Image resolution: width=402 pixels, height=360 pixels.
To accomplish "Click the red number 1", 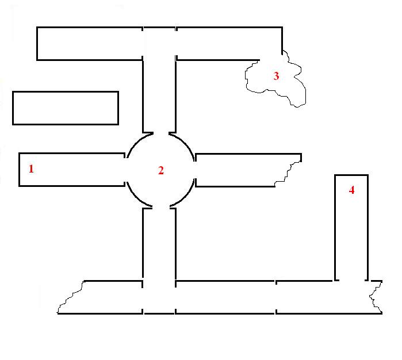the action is click(31, 169).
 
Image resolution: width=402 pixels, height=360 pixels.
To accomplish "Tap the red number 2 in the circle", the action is click(161, 170).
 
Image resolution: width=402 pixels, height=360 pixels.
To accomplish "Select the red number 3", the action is click(276, 76).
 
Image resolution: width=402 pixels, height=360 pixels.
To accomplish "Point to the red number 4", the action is click(352, 190).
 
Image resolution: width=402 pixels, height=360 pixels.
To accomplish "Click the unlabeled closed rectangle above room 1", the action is click(65, 108).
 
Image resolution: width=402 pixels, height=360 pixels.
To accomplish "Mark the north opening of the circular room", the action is click(161, 133).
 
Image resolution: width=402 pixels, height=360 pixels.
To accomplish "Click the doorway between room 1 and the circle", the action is click(126, 170).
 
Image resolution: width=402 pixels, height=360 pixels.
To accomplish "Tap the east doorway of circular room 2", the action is click(196, 170).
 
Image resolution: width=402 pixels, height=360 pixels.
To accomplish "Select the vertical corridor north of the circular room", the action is click(159, 95).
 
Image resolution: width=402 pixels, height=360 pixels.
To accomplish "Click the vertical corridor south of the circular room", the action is click(159, 244).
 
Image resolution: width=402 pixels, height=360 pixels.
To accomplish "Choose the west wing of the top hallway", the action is click(89, 43).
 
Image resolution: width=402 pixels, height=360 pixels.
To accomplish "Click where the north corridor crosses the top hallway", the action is click(159, 43).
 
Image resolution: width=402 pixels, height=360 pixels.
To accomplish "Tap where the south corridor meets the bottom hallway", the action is click(159, 297).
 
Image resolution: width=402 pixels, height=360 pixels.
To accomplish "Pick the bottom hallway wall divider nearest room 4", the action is click(276, 297).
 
